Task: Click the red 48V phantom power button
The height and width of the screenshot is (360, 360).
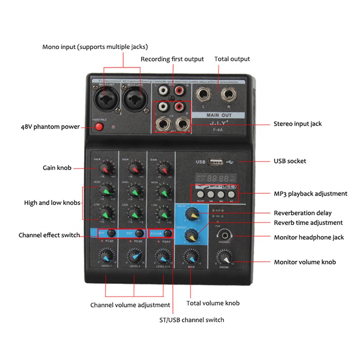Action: coord(98,127)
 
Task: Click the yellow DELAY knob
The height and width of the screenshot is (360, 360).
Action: coord(191,214)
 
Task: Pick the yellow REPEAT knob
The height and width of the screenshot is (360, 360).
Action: coord(191,236)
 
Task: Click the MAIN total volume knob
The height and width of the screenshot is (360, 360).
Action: coord(190,257)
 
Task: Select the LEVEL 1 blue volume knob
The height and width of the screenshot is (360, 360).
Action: coord(106,257)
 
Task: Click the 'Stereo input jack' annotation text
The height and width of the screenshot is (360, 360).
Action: coord(297,124)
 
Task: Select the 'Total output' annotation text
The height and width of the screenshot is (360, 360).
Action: coord(232,59)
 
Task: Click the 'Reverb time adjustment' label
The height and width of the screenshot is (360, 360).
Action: coord(308,223)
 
